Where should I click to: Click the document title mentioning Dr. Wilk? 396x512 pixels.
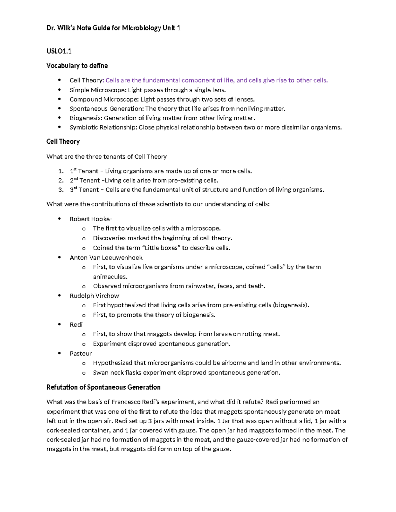113,28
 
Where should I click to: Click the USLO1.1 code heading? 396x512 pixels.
59,51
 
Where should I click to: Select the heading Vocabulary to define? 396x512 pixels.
77,66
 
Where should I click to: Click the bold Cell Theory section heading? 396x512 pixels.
63,141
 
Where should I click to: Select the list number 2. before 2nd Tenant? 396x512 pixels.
61,180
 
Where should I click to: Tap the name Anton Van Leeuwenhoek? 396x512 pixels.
106,257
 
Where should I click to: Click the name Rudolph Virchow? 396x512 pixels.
94,296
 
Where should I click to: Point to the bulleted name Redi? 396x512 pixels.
76,325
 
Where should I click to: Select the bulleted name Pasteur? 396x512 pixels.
81,353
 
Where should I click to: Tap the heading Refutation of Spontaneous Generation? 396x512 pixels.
103,387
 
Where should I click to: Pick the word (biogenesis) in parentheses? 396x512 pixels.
290,305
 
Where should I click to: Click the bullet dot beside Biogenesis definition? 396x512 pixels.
59,118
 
